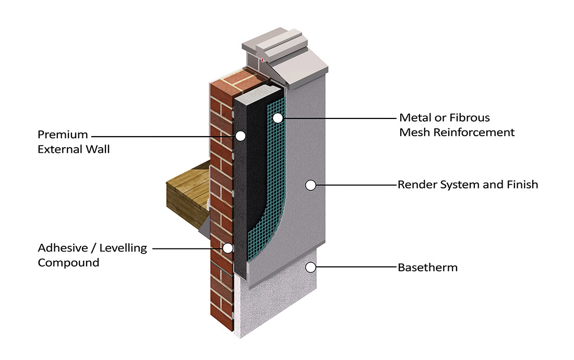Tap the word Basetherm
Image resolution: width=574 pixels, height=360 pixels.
click(427, 268)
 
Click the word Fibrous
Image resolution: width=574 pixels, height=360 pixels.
click(471, 117)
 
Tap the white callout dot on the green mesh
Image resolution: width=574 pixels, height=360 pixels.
click(278, 118)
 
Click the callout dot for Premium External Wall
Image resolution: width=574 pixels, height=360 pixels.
click(240, 136)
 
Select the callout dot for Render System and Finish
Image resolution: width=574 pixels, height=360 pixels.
click(310, 185)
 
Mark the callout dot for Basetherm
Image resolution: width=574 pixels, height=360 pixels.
click(310, 268)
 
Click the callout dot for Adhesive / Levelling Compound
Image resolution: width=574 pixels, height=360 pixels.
click(228, 248)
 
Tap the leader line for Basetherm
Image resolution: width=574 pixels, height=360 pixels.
click(355, 268)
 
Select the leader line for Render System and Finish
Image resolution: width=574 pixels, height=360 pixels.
click(355, 185)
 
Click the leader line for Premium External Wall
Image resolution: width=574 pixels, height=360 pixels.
click(167, 136)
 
